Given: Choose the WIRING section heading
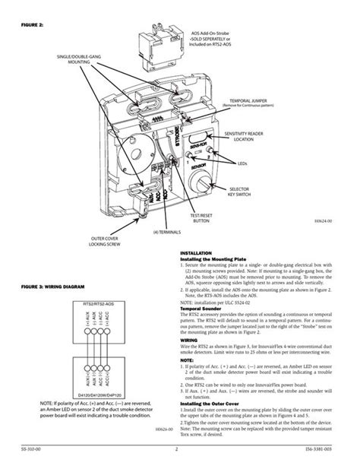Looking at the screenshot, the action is (x=189, y=341).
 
